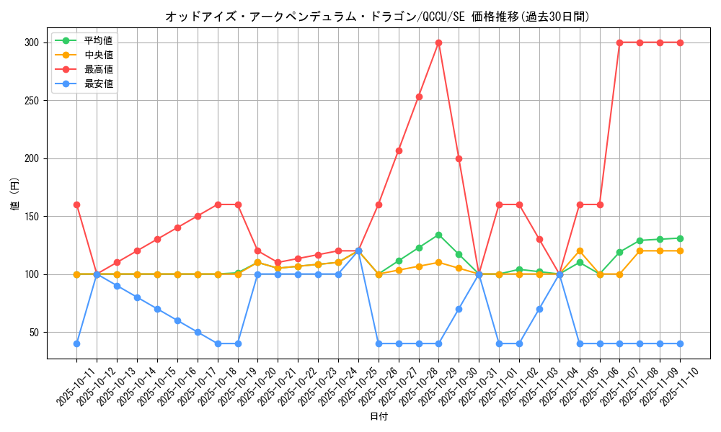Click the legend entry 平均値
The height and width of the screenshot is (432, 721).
point(99,40)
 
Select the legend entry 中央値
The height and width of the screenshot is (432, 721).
point(99,55)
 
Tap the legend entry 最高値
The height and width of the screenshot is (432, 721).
point(99,69)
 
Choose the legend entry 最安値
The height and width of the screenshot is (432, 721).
point(99,84)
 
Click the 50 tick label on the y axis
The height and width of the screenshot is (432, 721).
point(33,332)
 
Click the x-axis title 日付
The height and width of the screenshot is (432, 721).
point(378,417)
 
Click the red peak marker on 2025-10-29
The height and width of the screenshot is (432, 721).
point(438,42)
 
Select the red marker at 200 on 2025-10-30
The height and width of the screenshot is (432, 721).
point(459,158)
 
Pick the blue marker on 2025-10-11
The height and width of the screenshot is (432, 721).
point(76,343)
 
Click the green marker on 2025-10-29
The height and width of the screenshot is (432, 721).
point(438,235)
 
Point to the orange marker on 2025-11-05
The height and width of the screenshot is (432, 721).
point(580,251)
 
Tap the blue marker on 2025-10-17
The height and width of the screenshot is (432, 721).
point(197,332)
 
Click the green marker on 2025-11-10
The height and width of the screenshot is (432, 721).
point(680,238)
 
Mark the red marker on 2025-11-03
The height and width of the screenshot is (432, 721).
point(539,239)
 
